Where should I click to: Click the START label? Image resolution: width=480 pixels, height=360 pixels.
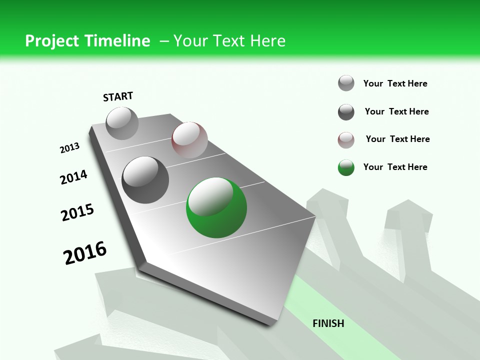click(x=118, y=96)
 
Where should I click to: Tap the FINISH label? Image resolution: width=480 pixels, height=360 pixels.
click(x=328, y=323)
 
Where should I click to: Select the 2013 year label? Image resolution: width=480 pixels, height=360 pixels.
click(x=70, y=148)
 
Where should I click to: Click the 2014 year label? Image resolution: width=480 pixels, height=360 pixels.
click(x=73, y=177)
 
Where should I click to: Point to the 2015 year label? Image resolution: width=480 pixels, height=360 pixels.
click(x=77, y=212)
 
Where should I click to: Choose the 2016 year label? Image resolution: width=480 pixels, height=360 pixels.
click(x=85, y=253)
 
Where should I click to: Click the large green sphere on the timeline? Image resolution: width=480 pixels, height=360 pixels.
click(x=216, y=207)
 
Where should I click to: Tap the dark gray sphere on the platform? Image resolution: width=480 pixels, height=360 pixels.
click(x=145, y=179)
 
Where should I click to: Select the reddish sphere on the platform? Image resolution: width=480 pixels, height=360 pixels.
click(x=189, y=140)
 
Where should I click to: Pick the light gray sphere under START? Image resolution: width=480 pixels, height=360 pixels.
click(x=122, y=123)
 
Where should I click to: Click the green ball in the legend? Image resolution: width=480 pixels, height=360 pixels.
click(x=346, y=167)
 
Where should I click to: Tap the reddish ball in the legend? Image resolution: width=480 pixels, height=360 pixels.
click(x=346, y=140)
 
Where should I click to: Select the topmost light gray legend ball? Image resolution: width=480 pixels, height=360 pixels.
click(x=346, y=83)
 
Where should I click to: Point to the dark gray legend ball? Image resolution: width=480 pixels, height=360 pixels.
click(x=346, y=112)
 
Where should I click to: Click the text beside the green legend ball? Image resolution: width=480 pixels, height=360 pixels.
click(x=395, y=167)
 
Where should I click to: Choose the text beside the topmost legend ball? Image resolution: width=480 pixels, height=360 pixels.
click(x=395, y=83)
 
